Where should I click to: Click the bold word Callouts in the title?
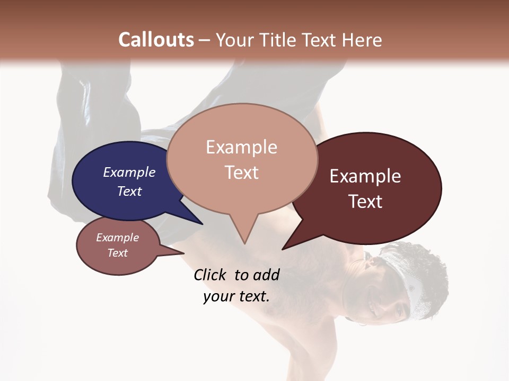click(156, 40)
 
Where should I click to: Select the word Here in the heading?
click(361, 40)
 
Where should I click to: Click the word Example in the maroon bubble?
click(365, 176)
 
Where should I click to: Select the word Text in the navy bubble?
click(129, 191)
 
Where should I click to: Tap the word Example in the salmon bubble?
click(241, 147)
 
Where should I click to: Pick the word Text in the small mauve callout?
click(118, 253)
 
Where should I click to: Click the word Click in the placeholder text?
click(211, 275)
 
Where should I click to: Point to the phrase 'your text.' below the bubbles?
click(236, 297)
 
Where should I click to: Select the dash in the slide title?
click(205, 40)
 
